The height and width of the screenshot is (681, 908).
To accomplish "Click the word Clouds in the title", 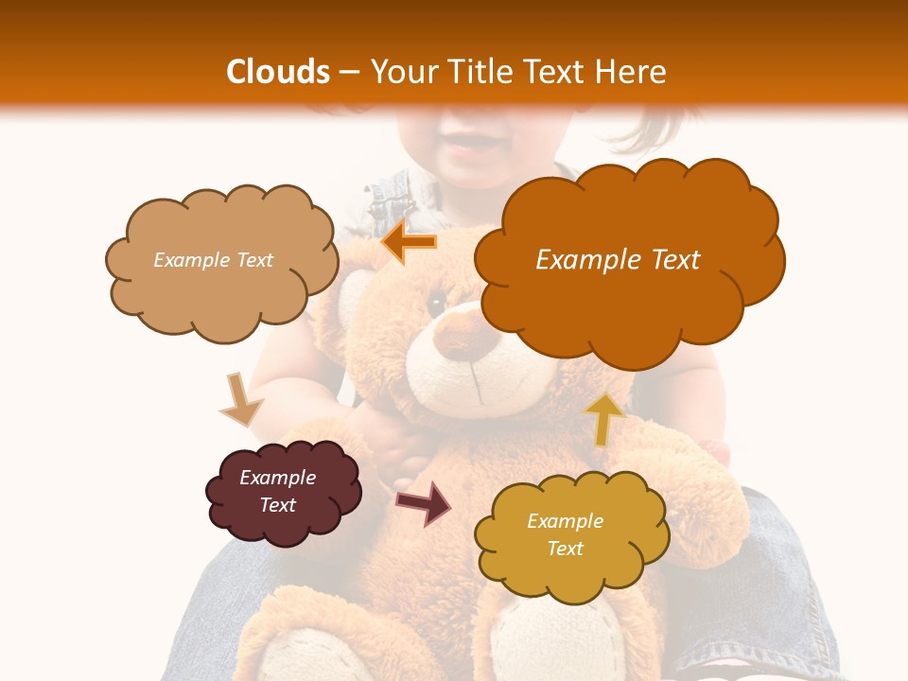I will click(278, 72).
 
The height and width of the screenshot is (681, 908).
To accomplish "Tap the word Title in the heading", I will click(469, 72).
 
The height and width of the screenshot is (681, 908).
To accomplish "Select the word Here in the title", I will click(632, 72).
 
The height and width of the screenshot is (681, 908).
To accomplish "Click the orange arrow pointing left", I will click(410, 243).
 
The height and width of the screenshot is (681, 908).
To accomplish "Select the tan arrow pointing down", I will click(240, 399).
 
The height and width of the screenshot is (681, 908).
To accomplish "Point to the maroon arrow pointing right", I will click(424, 501).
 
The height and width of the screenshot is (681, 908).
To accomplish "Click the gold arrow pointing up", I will click(604, 417).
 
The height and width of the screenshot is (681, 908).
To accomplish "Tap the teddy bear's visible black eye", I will click(436, 303).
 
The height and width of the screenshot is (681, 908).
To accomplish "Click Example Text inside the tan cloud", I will click(213, 260).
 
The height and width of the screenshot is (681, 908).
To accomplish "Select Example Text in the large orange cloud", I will click(618, 260).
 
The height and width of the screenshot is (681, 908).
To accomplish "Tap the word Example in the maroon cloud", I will click(277, 478).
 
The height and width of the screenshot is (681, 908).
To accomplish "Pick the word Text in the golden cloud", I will click(565, 549).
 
